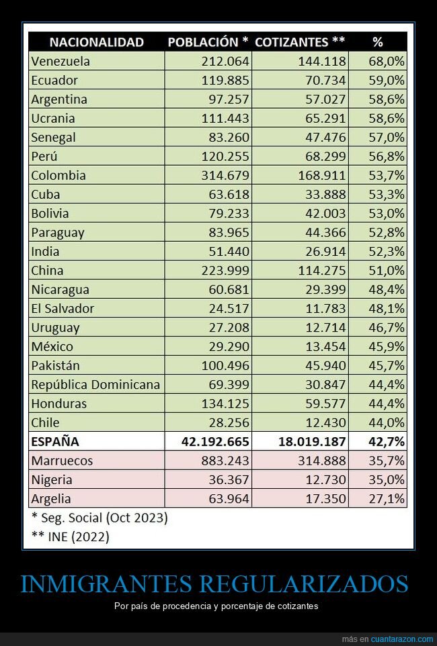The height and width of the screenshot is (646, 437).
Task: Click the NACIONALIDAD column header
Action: coord(96,42)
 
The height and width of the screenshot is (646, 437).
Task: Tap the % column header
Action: coord(377,42)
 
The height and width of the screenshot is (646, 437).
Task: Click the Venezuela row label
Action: coord(61,61)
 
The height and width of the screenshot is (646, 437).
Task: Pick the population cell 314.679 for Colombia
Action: coord(225,175)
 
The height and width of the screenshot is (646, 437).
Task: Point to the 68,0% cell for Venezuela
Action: coord(387,61)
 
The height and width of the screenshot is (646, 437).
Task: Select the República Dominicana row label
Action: coord(95,385)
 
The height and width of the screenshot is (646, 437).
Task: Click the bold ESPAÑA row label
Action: coord(55,442)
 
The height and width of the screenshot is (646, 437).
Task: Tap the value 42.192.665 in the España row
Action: coord(216,442)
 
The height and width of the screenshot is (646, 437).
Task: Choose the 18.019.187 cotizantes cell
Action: coord(312,442)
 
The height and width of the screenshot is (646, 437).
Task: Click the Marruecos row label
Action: coord(62,461)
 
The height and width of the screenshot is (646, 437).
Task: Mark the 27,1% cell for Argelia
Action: coord(387,499)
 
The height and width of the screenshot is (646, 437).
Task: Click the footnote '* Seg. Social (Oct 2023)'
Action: coord(99,518)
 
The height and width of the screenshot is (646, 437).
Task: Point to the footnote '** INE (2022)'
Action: coord(70,537)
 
